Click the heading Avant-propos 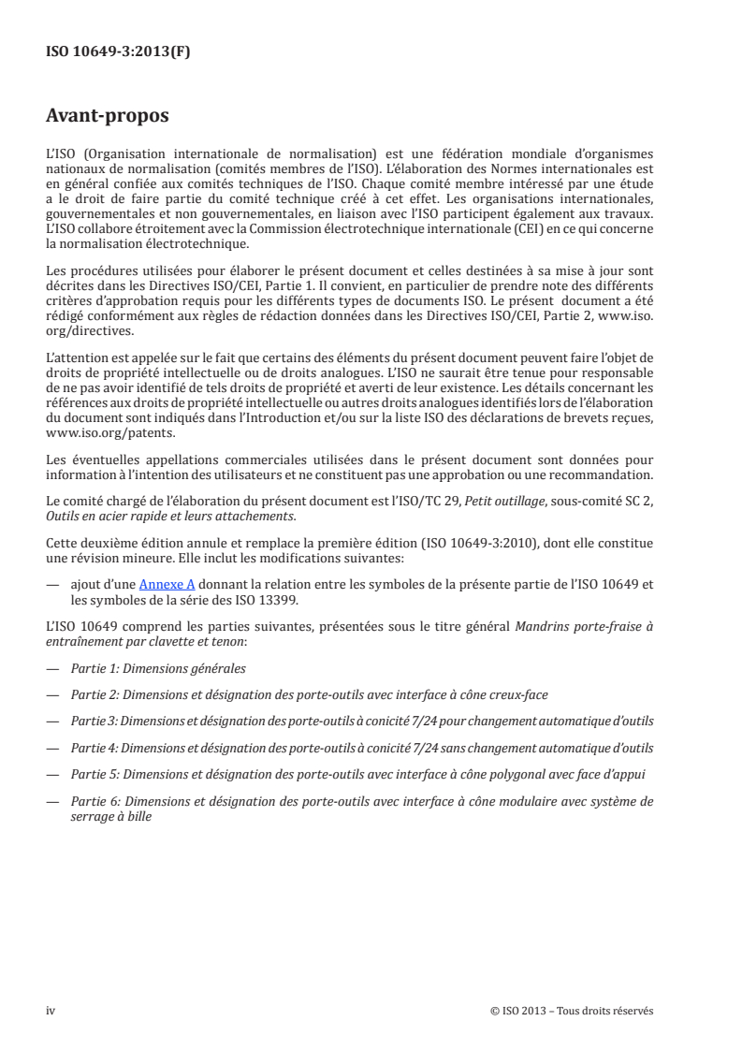tap(108, 118)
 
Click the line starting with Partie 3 tap(359, 722)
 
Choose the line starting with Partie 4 tap(359, 748)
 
